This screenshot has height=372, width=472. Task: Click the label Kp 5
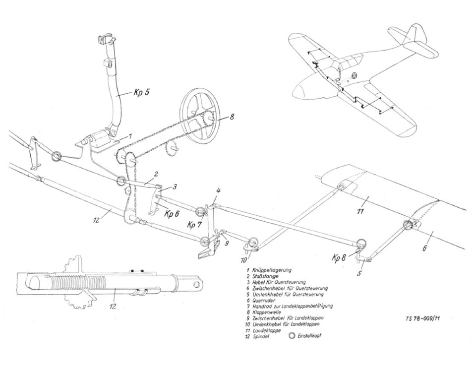tap(141, 93)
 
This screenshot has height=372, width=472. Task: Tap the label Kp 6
tap(172, 214)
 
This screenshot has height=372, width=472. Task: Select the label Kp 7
tap(194, 225)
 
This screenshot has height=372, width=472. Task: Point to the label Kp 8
tap(339, 257)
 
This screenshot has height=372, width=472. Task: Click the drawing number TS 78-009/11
tap(425, 318)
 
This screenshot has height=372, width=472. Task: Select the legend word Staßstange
tap(266, 276)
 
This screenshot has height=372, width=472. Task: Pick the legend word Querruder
tap(264, 300)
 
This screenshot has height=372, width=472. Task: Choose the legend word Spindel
tap(261, 337)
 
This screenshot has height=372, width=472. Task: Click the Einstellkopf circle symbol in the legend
tap(292, 336)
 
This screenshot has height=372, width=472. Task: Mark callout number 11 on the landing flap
tap(360, 211)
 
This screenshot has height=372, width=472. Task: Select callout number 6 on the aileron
tap(425, 248)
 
